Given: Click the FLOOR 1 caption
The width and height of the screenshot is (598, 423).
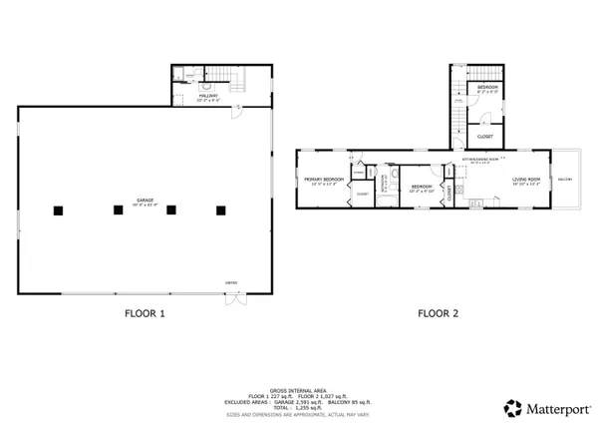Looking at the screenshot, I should tap(145, 313).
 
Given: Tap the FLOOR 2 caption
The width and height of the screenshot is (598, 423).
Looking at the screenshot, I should tap(438, 313).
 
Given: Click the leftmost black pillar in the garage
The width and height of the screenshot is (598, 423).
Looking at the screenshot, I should tap(60, 210).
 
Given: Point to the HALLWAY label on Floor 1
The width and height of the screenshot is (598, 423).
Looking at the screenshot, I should tap(207, 96).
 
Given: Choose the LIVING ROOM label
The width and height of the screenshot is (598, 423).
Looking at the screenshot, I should tap(525, 180).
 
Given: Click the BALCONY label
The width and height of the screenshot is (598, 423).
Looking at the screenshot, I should tap(565, 180).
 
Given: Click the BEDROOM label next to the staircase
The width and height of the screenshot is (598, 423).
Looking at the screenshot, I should tap(487, 88).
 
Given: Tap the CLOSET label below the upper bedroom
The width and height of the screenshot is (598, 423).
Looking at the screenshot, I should tap(485, 136).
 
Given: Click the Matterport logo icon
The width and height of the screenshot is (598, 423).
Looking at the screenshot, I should tap(512, 407).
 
